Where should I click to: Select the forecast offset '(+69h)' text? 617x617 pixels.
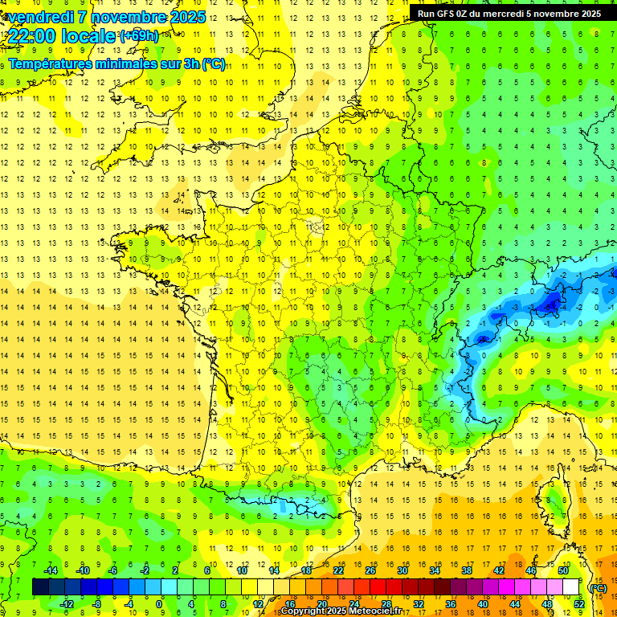(139, 35)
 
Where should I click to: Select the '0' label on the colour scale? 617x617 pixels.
(159, 604)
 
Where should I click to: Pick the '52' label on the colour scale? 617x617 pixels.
(578, 604)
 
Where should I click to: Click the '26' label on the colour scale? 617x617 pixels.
(370, 570)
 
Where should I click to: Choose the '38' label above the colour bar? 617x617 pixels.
(466, 570)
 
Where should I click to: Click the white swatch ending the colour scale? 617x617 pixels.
(570, 587)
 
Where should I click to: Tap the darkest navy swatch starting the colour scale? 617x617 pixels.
(40, 587)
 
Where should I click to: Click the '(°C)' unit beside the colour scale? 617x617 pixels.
(598, 587)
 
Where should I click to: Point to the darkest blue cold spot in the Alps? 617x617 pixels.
(552, 302)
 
